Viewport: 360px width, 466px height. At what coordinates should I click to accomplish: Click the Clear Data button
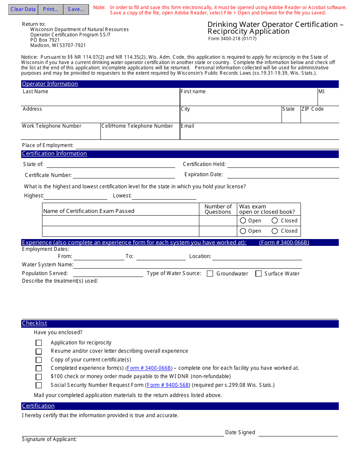pos(23,9)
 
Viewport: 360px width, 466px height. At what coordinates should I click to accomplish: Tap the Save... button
pos(76,9)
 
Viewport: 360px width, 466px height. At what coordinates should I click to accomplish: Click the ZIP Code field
pos(319,117)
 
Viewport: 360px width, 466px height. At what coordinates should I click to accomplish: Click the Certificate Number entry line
pos(124,175)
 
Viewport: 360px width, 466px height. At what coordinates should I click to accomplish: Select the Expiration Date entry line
pos(283,174)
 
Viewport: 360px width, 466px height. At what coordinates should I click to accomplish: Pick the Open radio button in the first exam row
pos(243,220)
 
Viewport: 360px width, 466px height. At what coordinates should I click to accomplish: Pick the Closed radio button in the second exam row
pos(275,231)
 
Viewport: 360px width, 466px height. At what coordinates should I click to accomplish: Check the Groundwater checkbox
pos(210,274)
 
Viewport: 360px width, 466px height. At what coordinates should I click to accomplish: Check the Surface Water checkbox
pos(258,274)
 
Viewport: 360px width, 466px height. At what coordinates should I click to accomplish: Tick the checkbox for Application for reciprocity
pos(39,343)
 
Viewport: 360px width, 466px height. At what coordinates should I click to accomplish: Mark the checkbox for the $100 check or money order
pos(39,377)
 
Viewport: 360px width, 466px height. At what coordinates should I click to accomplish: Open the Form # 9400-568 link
pos(167,385)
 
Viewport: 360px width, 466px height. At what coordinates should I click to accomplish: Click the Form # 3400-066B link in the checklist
pos(149,368)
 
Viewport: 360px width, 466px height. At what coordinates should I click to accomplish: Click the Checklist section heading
pos(34,323)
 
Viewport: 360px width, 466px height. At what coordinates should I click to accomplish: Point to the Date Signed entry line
pos(298,433)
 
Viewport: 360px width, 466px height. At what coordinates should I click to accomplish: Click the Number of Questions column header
pos(218,209)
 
